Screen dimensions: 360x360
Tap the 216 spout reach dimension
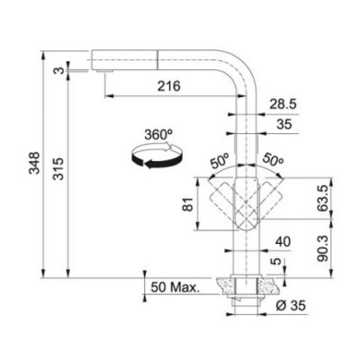(167, 86)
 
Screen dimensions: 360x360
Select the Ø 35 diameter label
(292, 308)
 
